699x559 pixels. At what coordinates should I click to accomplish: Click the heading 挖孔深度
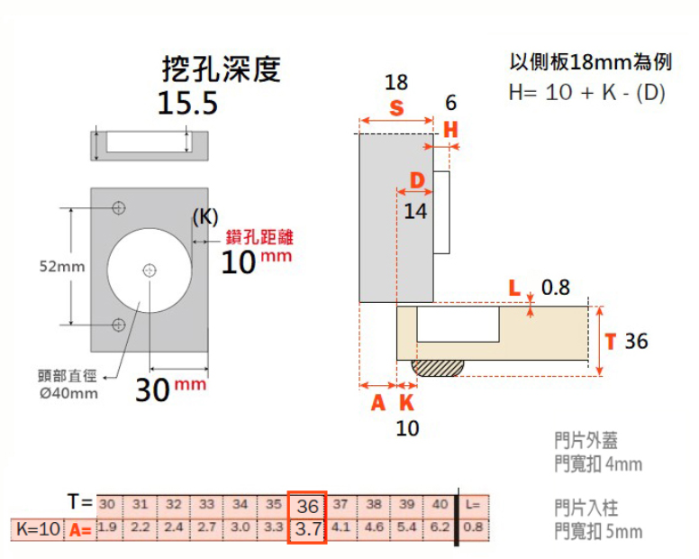221,69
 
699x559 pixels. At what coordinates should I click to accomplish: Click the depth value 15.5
187,104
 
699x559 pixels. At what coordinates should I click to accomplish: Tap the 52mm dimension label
61,267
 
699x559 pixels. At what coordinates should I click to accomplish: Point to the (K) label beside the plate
205,217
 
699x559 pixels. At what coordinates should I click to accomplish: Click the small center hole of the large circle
150,270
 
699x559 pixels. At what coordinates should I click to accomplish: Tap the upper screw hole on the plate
118,208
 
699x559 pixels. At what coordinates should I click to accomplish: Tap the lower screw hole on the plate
118,325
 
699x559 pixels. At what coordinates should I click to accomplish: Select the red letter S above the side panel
396,108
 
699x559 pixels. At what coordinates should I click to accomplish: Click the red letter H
450,130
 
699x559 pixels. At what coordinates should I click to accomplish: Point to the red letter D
417,181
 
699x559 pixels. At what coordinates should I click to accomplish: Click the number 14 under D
415,211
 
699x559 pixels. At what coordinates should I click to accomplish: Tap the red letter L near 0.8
514,289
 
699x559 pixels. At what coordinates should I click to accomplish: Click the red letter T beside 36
610,342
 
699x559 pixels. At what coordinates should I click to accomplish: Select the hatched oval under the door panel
438,367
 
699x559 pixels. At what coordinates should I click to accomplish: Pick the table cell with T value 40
439,504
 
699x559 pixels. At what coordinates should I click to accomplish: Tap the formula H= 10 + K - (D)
586,92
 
